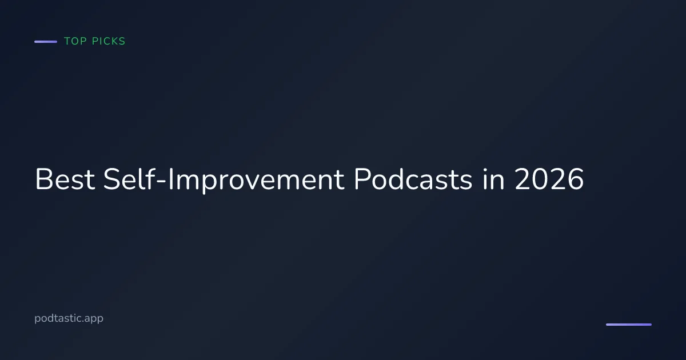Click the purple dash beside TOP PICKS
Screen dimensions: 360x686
(x=46, y=42)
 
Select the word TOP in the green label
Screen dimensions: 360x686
(x=75, y=42)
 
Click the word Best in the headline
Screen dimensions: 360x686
(x=65, y=180)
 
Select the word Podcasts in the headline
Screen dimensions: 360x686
(x=412, y=180)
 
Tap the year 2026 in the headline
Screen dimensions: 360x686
(x=548, y=180)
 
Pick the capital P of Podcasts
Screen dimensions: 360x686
(x=361, y=180)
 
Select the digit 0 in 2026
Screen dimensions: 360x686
(x=539, y=180)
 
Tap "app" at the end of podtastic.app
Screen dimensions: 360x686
(x=94, y=319)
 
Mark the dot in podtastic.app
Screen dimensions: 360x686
(x=83, y=322)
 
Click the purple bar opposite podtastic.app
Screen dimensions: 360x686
(x=628, y=325)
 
